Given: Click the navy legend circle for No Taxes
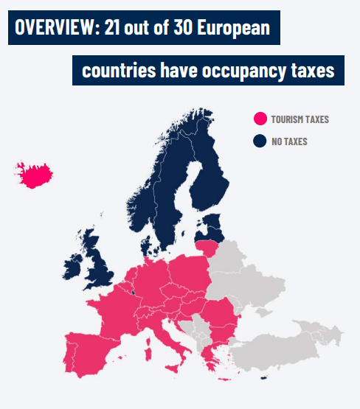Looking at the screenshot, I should click(x=260, y=141).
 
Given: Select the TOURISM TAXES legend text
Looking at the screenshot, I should click(x=300, y=119).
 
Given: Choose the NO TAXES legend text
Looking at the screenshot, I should click(x=289, y=141).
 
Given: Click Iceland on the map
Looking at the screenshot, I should click(x=35, y=175).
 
